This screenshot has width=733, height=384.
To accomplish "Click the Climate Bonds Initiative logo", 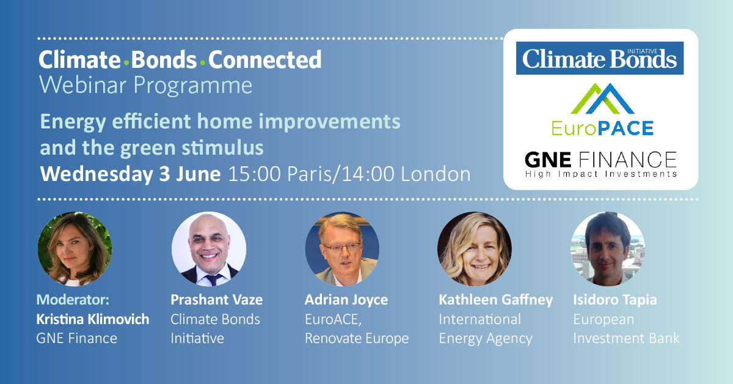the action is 599,58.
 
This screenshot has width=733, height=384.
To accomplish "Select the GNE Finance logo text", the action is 601,164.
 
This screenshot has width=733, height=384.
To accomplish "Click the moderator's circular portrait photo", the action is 75,249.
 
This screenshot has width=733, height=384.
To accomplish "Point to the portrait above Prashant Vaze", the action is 209,249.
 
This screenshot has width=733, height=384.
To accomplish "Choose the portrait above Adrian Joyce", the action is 342,249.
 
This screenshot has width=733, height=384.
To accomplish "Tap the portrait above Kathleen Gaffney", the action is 475,249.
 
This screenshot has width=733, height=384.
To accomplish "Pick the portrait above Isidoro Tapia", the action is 608,249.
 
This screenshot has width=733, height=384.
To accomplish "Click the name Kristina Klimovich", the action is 93,319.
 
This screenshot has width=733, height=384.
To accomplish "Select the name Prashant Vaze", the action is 217,300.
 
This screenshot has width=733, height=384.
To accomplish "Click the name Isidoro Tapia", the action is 615,300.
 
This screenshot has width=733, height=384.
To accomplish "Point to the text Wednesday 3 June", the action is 130,174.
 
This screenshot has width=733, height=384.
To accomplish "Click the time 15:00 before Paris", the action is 254,174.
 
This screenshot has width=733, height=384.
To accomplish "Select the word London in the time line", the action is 436,174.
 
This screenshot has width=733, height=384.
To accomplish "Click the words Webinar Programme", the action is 145,86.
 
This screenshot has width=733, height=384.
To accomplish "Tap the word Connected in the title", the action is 264,60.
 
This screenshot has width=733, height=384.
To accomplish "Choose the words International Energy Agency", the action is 486,329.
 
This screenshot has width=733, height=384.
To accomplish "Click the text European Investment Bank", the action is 626,328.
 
